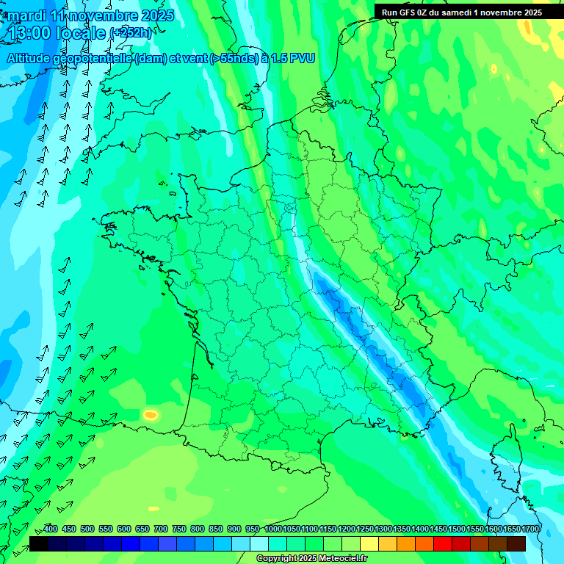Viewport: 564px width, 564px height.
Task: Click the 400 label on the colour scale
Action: [51, 529]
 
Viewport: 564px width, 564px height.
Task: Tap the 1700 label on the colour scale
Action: [530, 529]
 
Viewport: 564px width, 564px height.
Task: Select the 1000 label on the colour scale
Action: [273, 529]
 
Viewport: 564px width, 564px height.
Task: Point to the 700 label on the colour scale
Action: [161, 529]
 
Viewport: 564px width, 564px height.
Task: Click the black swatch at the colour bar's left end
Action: [39, 543]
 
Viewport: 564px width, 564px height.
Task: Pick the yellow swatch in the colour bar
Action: [369, 543]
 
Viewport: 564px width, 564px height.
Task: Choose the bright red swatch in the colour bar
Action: [443, 543]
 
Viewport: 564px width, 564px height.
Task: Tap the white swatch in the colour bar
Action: [259, 543]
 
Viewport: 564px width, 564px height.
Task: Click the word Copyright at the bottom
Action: [278, 559]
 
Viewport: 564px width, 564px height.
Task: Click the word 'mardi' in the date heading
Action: [26, 15]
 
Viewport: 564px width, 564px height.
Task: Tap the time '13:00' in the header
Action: [31, 33]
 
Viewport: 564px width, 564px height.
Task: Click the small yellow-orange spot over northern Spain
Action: [151, 415]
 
